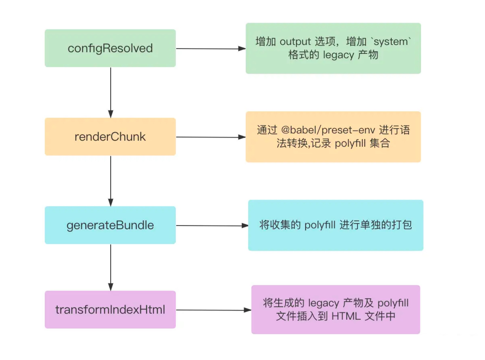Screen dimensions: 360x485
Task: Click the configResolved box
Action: (x=110, y=48)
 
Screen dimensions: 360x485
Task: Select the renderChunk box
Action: (x=110, y=137)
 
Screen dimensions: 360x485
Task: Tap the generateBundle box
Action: (x=110, y=225)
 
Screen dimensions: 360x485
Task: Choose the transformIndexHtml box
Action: (x=110, y=310)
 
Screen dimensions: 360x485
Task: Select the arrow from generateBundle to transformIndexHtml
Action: (x=111, y=267)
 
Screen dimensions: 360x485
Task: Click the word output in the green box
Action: (x=295, y=42)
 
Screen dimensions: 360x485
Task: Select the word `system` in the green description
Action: (x=392, y=42)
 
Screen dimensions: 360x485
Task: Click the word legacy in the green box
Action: (x=338, y=55)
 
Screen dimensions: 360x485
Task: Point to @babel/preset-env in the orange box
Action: (x=328, y=130)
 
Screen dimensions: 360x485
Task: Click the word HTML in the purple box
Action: (x=346, y=316)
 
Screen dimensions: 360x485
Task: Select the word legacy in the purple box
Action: (x=323, y=303)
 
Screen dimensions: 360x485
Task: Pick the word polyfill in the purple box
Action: (x=393, y=303)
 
